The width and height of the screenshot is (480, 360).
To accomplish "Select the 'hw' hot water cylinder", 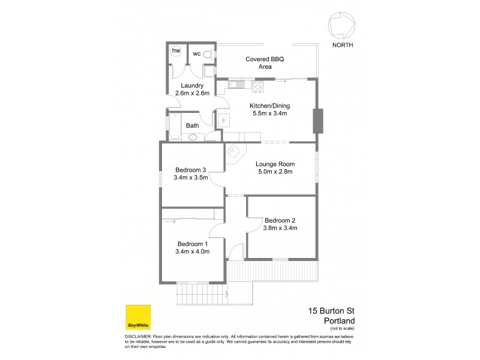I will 176,52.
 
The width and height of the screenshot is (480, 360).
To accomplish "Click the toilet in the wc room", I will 207,55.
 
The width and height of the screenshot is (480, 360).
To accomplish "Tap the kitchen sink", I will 236,86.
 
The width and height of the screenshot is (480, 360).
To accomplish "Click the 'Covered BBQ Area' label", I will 265,64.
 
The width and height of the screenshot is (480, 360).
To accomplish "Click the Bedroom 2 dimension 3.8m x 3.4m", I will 280,228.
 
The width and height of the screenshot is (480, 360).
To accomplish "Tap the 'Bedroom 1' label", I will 193,244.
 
